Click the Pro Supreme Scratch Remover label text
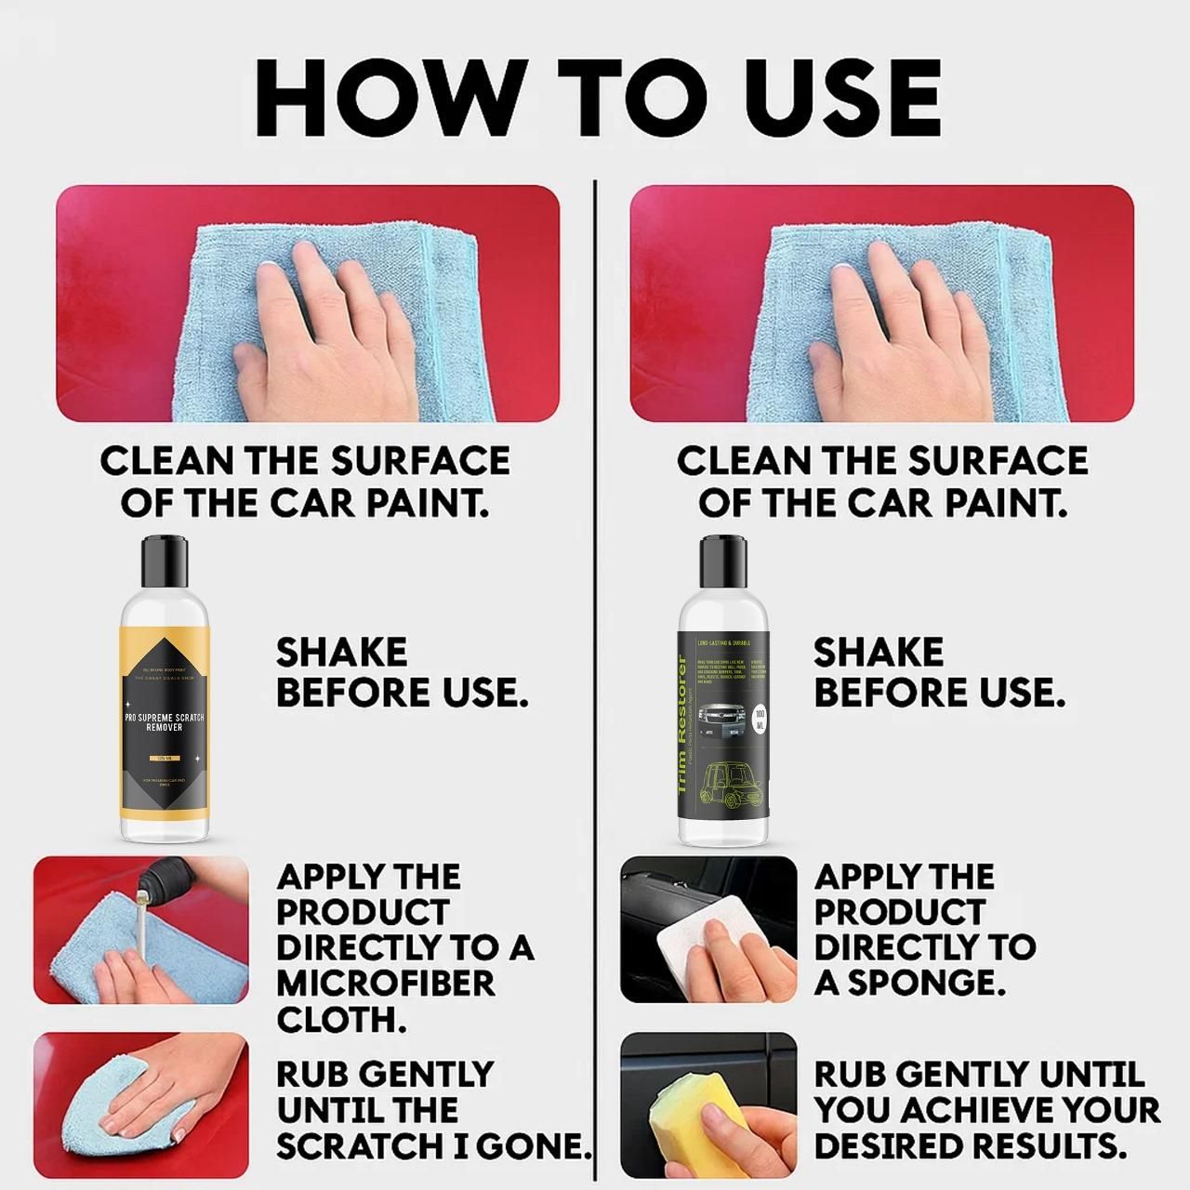pyautogui.click(x=165, y=722)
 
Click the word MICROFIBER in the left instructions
pyautogui.click(x=385, y=984)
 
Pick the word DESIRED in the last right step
pyautogui.click(x=894, y=1146)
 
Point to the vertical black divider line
pyautogui.click(x=594, y=651)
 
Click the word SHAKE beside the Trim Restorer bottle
pyautogui.click(x=878, y=653)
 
